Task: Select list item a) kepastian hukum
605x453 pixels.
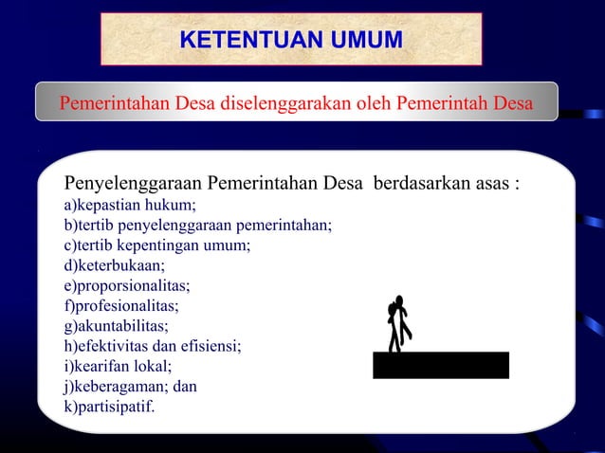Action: click(130, 205)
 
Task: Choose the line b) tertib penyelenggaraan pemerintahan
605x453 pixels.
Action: click(197, 225)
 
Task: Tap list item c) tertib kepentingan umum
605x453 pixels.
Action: click(156, 245)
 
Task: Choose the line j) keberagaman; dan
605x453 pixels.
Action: click(130, 387)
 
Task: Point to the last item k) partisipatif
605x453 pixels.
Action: click(108, 408)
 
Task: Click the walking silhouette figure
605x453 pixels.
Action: click(399, 324)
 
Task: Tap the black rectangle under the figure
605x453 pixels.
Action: click(440, 365)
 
